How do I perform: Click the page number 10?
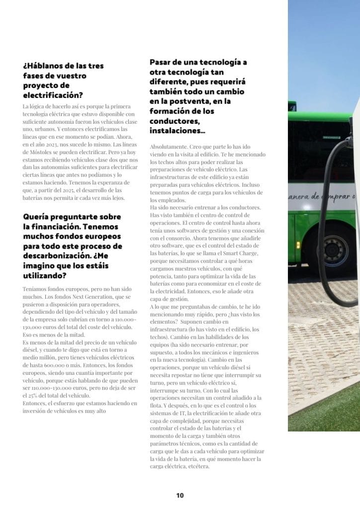pos(180,496)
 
